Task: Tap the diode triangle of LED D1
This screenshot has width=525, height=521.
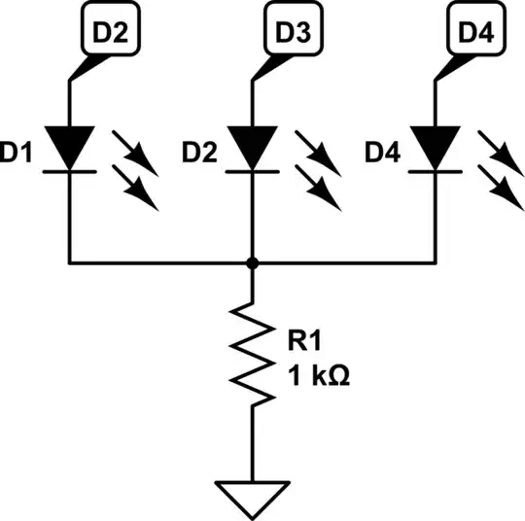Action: (70, 146)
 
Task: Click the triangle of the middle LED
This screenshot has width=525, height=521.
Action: (252, 146)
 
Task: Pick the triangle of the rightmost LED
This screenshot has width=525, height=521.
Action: (434, 146)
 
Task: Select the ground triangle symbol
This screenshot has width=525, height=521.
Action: (252, 495)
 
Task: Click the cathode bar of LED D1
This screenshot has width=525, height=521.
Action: (70, 170)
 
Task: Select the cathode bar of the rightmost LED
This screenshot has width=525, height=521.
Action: (434, 170)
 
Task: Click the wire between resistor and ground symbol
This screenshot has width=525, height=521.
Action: (252, 442)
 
